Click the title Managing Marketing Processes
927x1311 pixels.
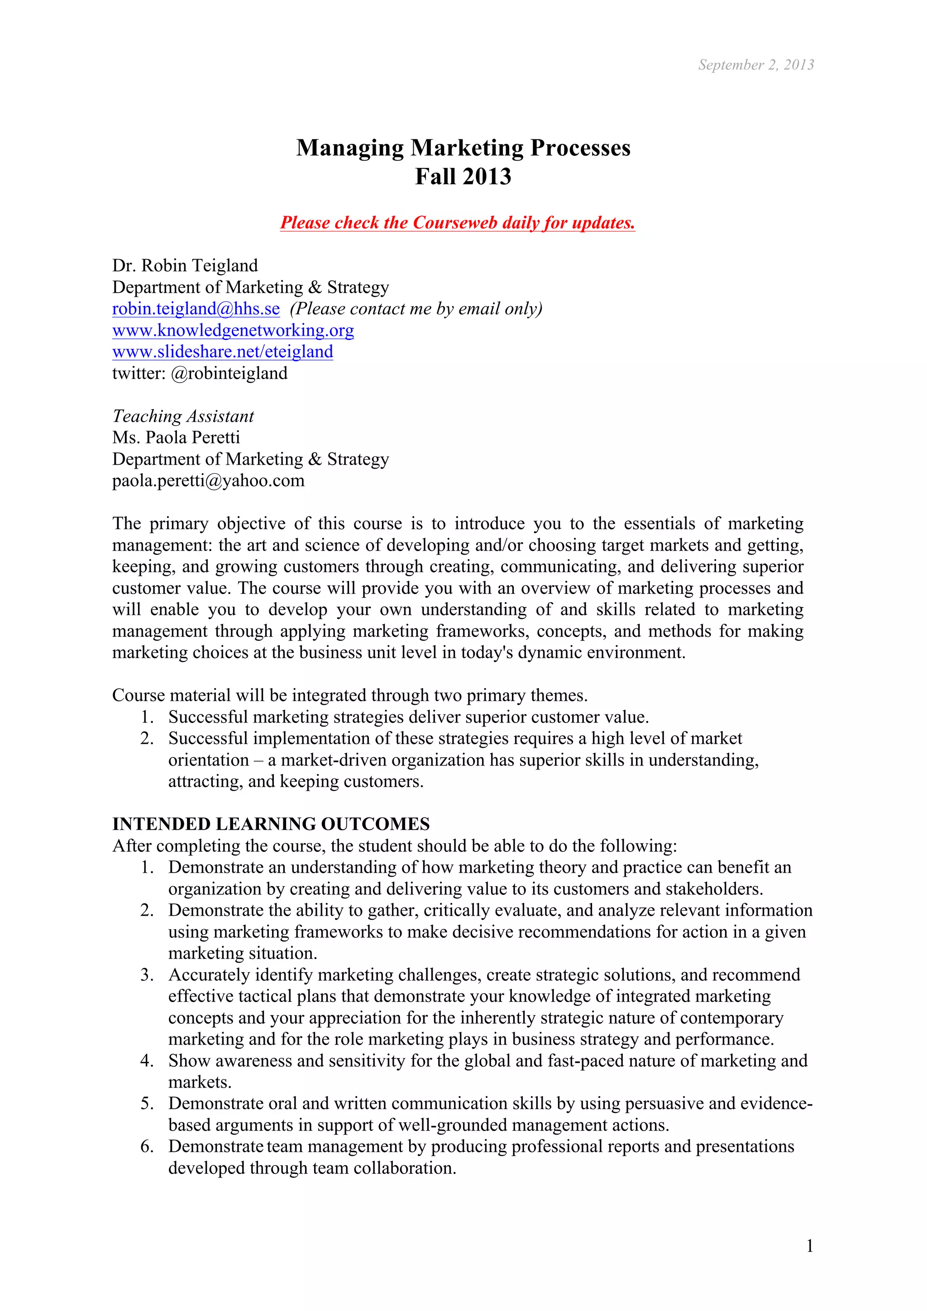pyautogui.click(x=463, y=148)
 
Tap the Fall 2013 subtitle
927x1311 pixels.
pyautogui.click(x=463, y=176)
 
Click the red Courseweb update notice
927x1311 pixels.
pyautogui.click(x=458, y=223)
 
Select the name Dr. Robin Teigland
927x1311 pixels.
pyautogui.click(x=185, y=266)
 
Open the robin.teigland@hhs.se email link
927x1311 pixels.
pyautogui.click(x=196, y=309)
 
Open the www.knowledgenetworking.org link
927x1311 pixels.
pyautogui.click(x=233, y=331)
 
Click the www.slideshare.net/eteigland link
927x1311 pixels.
pyautogui.click(x=223, y=352)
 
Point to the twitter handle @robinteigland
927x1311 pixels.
pyautogui.click(x=229, y=373)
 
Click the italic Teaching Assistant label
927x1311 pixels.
pyautogui.click(x=183, y=416)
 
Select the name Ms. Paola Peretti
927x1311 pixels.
pyautogui.click(x=176, y=438)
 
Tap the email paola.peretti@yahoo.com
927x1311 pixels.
pyautogui.click(x=209, y=481)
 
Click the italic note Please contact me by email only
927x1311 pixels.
pyautogui.click(x=416, y=309)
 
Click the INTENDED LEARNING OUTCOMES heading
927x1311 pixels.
pyautogui.click(x=271, y=825)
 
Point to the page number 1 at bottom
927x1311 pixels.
pyautogui.click(x=809, y=1246)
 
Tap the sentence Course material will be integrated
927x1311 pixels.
pyautogui.click(x=349, y=695)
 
